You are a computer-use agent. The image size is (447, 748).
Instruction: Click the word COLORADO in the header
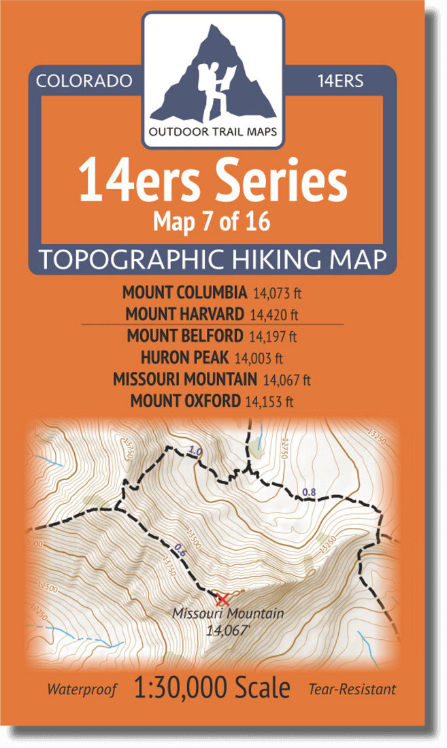click(84, 81)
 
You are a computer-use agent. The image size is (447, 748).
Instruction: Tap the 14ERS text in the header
click(340, 81)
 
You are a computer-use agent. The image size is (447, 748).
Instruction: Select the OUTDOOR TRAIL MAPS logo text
click(213, 132)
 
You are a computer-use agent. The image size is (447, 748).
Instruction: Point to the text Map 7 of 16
click(213, 222)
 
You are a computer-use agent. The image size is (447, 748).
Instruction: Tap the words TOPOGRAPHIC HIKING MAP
click(213, 259)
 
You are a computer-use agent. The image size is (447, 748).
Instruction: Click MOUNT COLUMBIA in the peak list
click(184, 293)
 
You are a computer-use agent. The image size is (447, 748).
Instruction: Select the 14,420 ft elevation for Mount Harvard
click(275, 315)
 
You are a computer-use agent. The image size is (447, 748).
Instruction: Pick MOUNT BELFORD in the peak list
click(184, 335)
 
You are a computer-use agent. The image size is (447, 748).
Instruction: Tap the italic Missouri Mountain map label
click(227, 613)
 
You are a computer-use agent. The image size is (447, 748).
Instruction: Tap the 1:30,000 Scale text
click(212, 688)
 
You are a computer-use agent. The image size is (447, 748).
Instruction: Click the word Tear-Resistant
click(352, 690)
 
